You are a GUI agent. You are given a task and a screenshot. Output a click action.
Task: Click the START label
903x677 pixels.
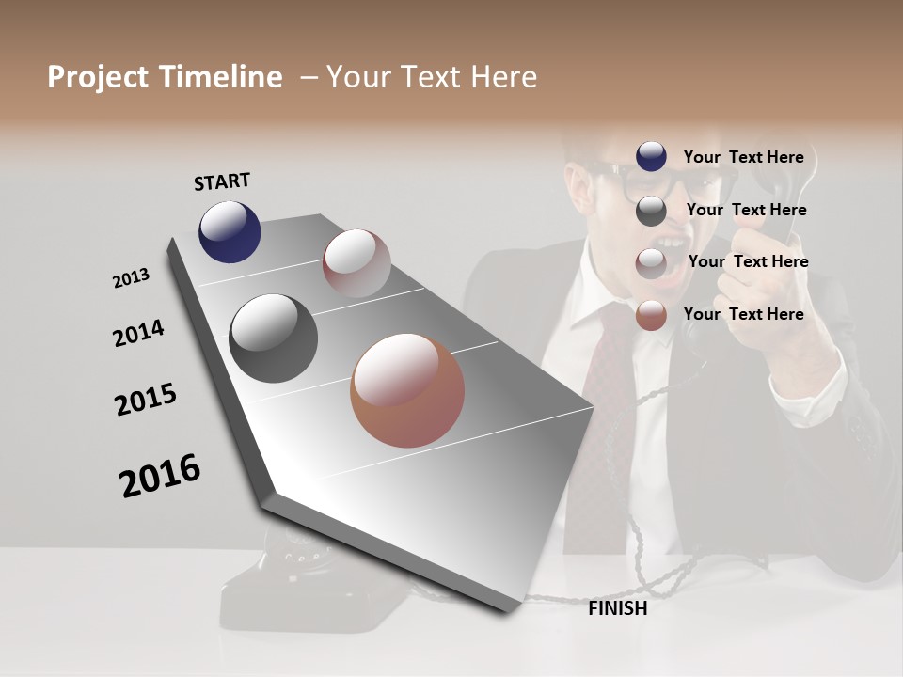click(222, 181)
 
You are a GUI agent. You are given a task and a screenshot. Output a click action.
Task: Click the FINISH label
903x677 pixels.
click(617, 608)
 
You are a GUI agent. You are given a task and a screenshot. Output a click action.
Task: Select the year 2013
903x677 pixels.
click(131, 278)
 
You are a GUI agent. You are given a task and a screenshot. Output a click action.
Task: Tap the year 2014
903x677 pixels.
click(138, 333)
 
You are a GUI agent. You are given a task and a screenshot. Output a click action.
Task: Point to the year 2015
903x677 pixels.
click(146, 400)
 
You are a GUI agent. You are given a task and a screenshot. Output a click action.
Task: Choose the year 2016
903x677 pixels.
click(160, 475)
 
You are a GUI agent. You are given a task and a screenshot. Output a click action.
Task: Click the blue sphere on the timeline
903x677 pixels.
click(230, 231)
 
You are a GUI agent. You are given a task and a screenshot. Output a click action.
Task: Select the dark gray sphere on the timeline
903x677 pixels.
click(273, 338)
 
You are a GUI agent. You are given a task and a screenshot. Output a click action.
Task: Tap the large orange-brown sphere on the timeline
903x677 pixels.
click(407, 390)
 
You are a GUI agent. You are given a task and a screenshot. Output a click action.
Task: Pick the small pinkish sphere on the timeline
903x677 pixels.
click(356, 263)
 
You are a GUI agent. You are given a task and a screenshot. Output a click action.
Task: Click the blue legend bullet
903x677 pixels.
click(651, 157)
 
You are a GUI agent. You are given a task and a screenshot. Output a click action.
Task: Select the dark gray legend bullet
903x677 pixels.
click(651, 211)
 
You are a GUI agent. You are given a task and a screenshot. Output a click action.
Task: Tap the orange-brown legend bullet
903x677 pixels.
click(651, 316)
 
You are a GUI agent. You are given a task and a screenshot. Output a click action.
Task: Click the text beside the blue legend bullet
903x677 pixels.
click(743, 158)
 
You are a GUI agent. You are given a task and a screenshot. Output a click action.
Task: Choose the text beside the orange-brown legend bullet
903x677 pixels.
click(743, 314)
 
